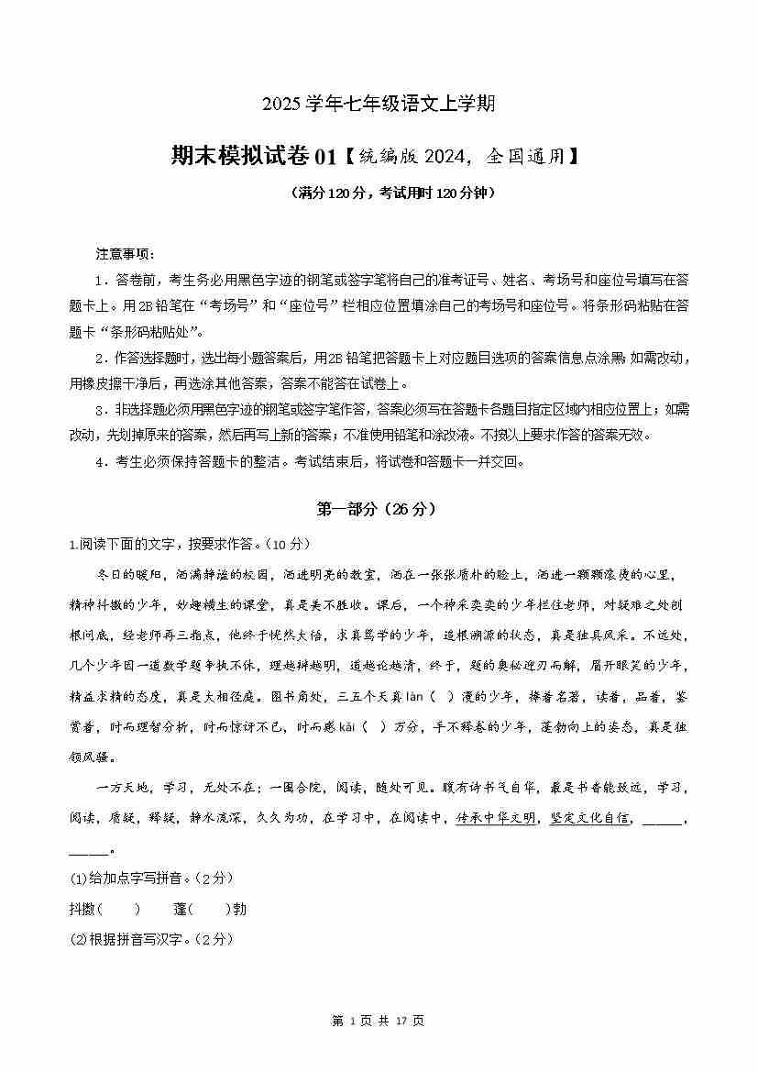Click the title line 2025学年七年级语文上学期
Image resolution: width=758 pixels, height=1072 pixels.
point(379,104)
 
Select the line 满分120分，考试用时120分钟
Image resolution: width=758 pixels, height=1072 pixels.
point(379,193)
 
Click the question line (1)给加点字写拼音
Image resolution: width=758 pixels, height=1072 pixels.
point(151,879)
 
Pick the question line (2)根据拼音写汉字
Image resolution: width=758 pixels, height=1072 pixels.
point(151,939)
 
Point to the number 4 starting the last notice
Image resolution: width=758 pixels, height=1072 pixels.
point(99,462)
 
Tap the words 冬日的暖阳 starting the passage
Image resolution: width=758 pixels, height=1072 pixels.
point(129,575)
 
